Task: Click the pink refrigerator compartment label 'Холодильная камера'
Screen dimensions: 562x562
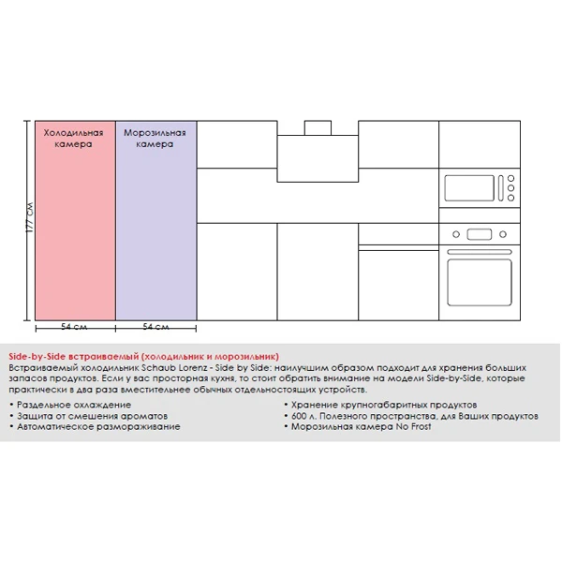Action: coord(74,140)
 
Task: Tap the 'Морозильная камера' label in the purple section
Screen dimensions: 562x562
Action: coord(155,140)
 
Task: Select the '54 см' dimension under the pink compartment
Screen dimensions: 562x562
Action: coord(74,327)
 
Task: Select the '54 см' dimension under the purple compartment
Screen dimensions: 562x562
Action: coord(155,327)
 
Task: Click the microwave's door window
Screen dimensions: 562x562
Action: coord(468,188)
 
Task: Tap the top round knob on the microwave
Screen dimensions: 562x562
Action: coord(510,178)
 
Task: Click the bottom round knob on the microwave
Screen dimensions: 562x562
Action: coord(510,198)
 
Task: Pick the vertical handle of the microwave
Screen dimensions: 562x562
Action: coord(499,188)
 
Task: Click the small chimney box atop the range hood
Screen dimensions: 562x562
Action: coord(318,128)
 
